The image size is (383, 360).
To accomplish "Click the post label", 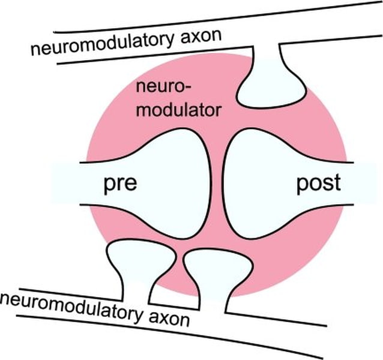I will [x=318, y=184].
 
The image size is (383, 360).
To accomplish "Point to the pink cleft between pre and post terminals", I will [x=218, y=183].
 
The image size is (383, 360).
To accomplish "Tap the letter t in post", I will [x=337, y=183].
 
